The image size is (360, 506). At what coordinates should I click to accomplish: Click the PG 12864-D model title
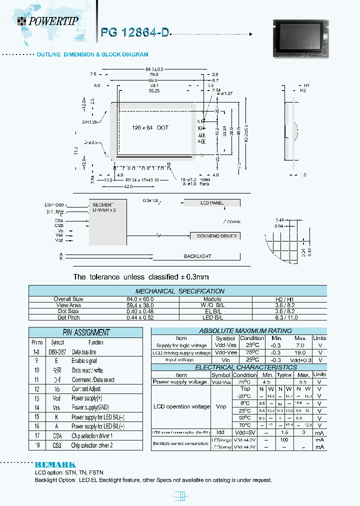pos(135,32)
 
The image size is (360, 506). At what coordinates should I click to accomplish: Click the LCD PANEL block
pos(212,203)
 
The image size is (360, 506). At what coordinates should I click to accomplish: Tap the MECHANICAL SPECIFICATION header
pos(180,291)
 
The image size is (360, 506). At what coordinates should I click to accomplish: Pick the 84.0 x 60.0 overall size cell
pos(68,299)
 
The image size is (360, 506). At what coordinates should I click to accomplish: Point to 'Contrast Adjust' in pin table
pos(86,389)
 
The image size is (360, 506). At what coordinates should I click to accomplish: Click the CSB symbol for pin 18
pos(56,445)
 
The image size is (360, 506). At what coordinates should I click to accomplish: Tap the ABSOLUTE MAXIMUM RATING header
pos(238,331)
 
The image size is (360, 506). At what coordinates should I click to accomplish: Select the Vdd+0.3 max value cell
pos(301,360)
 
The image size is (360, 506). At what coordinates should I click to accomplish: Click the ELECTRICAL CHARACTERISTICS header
pos(238,367)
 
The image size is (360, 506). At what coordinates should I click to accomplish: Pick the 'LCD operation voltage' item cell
pos(181,406)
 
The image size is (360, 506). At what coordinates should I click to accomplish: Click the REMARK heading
pos(55,464)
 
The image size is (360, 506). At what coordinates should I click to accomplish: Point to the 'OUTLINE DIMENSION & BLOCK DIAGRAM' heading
pos(92,54)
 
